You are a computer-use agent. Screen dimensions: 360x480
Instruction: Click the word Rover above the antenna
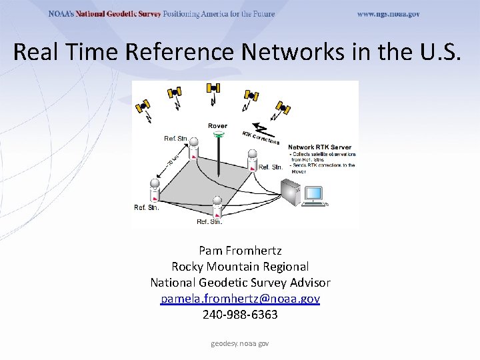217,125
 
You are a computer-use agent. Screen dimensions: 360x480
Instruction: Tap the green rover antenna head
218,135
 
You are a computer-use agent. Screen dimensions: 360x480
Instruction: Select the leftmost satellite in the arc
143,105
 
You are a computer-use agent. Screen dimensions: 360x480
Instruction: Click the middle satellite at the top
213,87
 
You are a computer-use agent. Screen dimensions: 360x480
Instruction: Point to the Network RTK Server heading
319,147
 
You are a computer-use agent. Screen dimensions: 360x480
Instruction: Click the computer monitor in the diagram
313,193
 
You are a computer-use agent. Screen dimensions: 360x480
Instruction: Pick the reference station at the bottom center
217,207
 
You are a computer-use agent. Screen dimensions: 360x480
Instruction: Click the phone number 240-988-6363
240,315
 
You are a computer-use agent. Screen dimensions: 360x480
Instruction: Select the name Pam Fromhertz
240,251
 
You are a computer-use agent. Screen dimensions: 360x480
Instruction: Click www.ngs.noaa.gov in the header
388,14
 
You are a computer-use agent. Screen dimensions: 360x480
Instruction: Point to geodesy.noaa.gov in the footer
240,343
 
